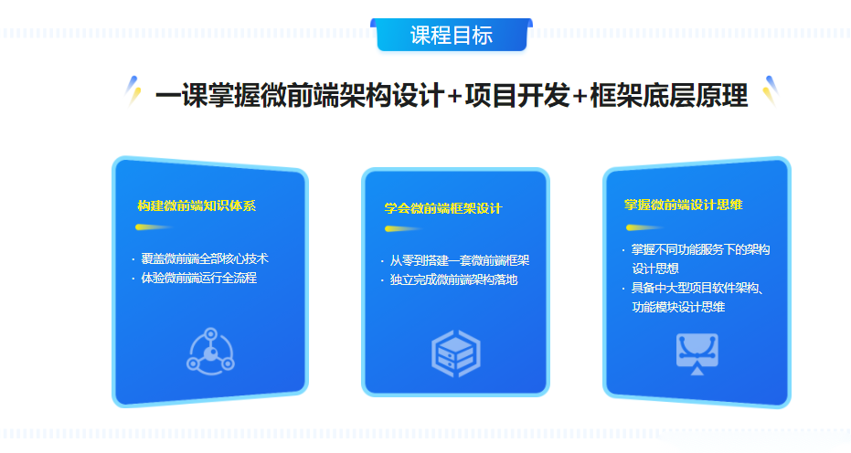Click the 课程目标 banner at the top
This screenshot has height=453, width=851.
click(452, 36)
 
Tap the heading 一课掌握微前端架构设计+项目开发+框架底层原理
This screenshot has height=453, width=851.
click(452, 96)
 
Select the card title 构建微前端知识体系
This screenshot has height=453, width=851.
click(197, 206)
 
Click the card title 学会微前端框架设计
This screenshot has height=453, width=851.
click(443, 208)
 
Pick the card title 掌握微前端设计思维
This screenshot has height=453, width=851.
click(684, 205)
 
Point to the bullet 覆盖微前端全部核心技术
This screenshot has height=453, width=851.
click(205, 258)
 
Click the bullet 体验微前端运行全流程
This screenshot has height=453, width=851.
click(198, 278)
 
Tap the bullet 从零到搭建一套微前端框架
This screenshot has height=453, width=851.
click(459, 260)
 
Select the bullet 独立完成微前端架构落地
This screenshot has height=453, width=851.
click(453, 280)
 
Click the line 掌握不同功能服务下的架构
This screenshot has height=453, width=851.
click(701, 249)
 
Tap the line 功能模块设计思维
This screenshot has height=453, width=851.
click(678, 307)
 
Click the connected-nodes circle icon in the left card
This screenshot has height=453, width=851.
click(210, 352)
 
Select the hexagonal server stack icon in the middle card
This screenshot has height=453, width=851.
click(456, 353)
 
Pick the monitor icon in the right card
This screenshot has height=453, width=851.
click(697, 353)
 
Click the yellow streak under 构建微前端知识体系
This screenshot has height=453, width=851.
click(154, 226)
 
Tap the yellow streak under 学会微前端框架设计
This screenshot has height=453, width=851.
click(403, 229)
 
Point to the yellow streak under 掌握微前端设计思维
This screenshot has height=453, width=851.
click(644, 227)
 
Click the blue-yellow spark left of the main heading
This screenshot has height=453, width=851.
click(133, 90)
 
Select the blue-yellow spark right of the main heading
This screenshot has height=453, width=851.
click(771, 90)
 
